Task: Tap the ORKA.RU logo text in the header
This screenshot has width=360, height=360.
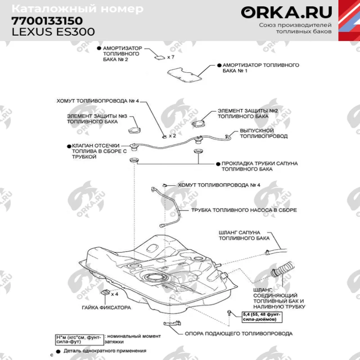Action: point(286,12)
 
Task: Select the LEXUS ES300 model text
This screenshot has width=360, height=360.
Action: point(53,32)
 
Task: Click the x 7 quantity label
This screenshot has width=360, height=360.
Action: point(171,58)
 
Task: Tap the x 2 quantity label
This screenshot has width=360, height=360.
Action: point(172,135)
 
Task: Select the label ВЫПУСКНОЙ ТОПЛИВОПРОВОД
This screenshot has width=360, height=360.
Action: point(263,133)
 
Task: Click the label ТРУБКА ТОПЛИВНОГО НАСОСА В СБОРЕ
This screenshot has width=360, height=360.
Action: point(244,210)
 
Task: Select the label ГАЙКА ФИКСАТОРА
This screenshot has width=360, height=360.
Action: point(106,308)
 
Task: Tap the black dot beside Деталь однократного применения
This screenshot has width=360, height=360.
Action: point(58,350)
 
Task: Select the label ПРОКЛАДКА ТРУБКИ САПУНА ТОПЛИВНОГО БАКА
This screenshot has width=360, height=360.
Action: point(259,166)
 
